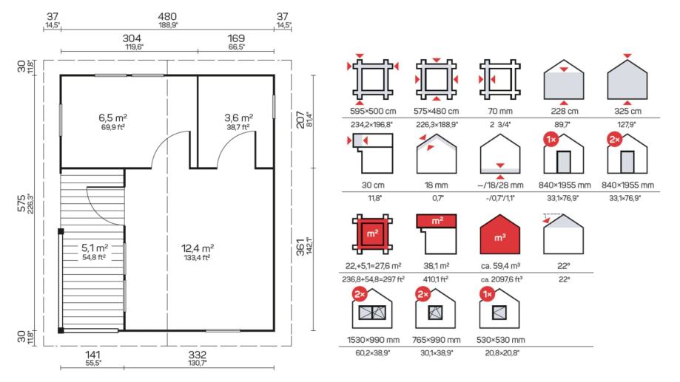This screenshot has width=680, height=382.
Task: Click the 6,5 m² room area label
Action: pyautogui.click(x=112, y=117)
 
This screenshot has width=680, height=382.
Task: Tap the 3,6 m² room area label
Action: pyautogui.click(x=238, y=117)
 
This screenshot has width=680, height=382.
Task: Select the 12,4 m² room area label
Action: pyautogui.click(x=198, y=248)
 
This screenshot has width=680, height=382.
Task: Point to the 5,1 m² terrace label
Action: pyautogui.click(x=95, y=248)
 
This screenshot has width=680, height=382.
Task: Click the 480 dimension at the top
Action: pyautogui.click(x=167, y=16)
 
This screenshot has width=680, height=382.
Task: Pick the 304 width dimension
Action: pyautogui.click(x=132, y=38)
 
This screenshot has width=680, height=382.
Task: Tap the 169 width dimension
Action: pyautogui.click(x=236, y=38)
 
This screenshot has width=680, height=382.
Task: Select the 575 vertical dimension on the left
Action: pyautogui.click(x=21, y=202)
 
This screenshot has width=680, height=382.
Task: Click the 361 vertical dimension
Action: pyautogui.click(x=300, y=247)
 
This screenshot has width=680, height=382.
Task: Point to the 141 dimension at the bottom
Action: pyautogui.click(x=92, y=355)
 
